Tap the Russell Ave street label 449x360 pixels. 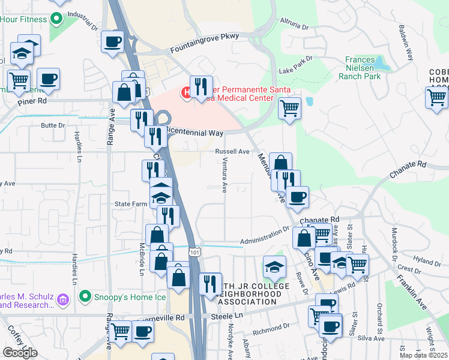(232, 152)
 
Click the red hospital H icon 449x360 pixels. (187, 93)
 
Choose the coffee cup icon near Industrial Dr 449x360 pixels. (112, 42)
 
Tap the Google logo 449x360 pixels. (20, 353)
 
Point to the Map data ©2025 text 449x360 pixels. (424, 355)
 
